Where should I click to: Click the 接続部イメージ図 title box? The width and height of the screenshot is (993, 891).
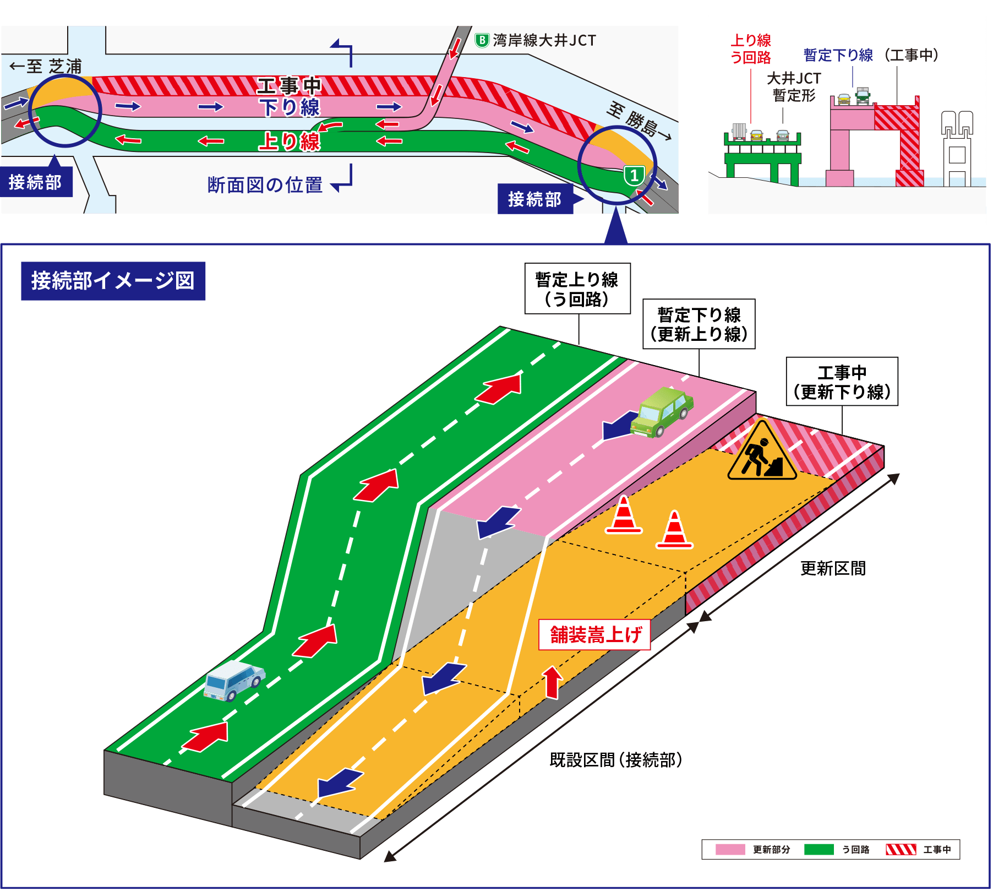[113, 281]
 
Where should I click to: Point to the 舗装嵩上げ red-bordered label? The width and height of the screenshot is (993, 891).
[594, 635]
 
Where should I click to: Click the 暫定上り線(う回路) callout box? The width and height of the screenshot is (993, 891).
[577, 289]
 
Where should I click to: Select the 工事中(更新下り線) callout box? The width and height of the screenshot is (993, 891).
[842, 382]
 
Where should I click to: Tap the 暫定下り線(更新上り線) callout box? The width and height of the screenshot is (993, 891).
[699, 324]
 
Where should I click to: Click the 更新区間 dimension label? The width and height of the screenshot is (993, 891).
[833, 568]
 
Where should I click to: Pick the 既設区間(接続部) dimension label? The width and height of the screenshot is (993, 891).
[615, 760]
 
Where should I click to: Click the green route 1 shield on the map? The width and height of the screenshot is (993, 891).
[634, 176]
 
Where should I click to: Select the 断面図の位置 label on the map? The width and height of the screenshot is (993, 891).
[265, 185]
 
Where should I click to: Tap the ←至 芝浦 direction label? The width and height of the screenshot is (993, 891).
[46, 67]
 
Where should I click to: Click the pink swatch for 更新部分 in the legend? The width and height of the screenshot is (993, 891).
[730, 850]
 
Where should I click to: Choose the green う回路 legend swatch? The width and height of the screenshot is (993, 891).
[819, 850]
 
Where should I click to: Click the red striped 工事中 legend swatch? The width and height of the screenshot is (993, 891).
[901, 850]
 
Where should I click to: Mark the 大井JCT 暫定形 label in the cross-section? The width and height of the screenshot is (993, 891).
[794, 87]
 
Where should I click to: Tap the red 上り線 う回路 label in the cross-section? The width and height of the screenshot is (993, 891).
[750, 48]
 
